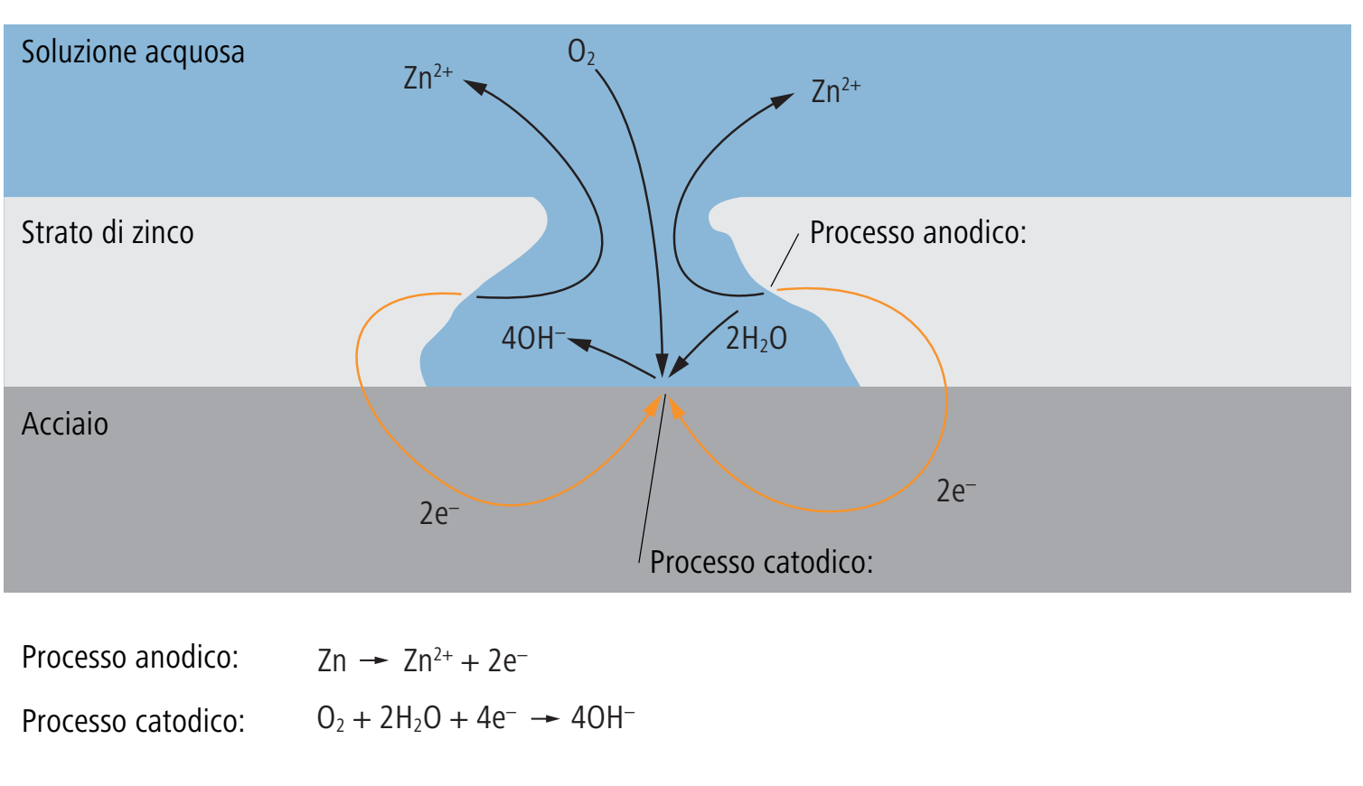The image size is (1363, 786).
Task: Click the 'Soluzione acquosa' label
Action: [133, 52]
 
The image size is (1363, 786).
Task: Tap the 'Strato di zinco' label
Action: [108, 232]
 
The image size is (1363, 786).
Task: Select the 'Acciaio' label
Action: [64, 424]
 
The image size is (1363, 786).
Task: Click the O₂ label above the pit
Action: [581, 52]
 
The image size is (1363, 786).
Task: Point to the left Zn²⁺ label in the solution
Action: [428, 78]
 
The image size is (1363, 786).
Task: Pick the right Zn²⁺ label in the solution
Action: [836, 91]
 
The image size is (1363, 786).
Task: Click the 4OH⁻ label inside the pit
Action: [533, 338]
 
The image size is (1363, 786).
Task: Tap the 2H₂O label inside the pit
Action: [757, 339]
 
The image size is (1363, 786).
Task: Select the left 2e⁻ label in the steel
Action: [439, 513]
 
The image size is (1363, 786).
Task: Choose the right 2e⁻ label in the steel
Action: [956, 491]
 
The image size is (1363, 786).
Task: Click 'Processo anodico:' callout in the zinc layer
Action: [917, 232]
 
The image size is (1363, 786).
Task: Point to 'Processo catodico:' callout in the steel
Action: [761, 562]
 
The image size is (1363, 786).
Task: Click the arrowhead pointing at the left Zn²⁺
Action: [475, 87]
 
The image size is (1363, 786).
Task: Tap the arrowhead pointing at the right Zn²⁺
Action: [783, 100]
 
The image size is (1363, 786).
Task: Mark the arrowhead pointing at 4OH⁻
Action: [578, 343]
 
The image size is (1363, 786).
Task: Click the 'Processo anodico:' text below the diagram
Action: [130, 657]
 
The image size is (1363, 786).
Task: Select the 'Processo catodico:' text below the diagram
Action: [133, 721]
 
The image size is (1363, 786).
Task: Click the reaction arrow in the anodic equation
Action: [373, 660]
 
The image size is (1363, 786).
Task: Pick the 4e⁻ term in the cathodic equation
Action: [496, 718]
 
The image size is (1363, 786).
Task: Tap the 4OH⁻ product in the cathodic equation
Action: [603, 718]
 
